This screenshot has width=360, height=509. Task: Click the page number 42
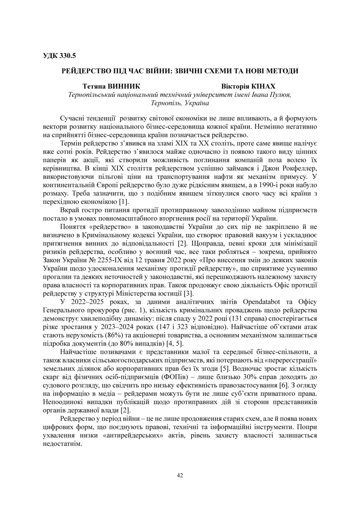pyautogui.click(x=180, y=475)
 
